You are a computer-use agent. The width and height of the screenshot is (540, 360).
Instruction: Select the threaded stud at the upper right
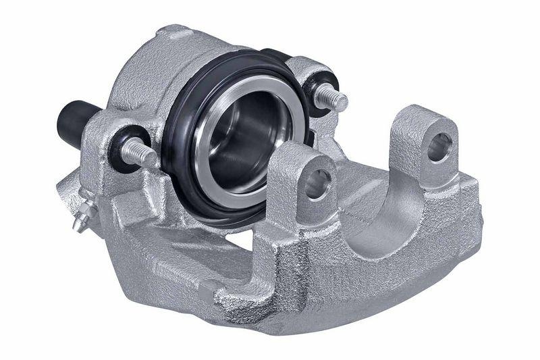333,98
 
